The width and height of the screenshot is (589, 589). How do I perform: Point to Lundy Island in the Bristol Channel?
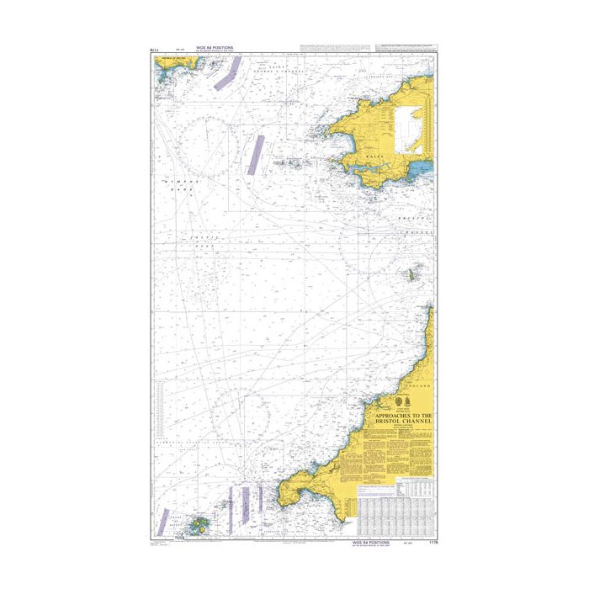(x=413, y=274)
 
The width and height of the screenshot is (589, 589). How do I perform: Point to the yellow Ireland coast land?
(x=168, y=72)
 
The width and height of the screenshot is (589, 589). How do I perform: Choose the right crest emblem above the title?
(x=408, y=399)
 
